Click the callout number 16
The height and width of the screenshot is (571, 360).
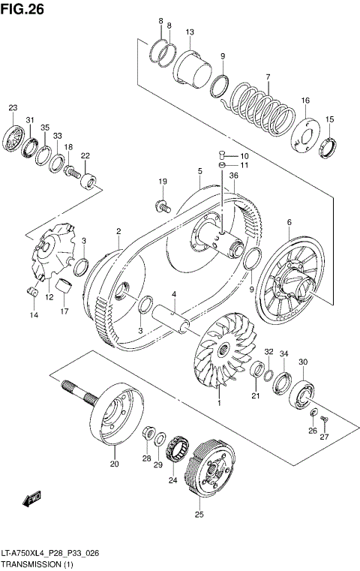pos(305,101)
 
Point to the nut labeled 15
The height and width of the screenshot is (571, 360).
pos(328,148)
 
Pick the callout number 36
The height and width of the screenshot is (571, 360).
pos(233,176)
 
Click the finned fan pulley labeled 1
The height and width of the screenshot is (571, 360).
pos(223,353)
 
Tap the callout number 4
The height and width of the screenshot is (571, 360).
pos(173,294)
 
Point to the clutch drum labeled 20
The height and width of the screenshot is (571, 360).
pos(114,415)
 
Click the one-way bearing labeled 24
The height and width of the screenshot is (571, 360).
pos(178,448)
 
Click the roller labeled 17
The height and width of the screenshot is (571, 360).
pos(64,286)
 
